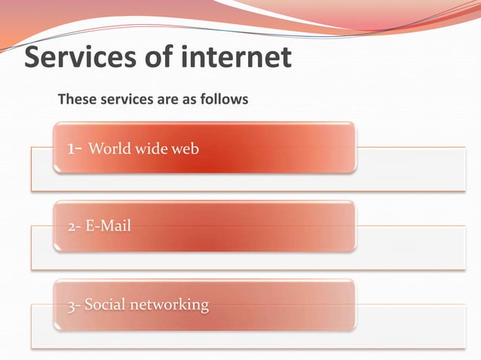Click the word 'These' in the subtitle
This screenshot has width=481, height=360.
pyautogui.click(x=75, y=99)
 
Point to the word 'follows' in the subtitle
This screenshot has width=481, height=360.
pyautogui.click(x=225, y=99)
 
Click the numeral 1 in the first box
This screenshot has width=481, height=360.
pyautogui.click(x=71, y=148)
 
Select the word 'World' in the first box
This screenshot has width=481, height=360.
pyautogui.click(x=107, y=149)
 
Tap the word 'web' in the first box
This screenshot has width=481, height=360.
pyautogui.click(x=185, y=149)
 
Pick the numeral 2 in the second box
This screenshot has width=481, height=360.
pyautogui.click(x=69, y=226)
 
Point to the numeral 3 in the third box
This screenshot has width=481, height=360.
pyautogui.click(x=69, y=305)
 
